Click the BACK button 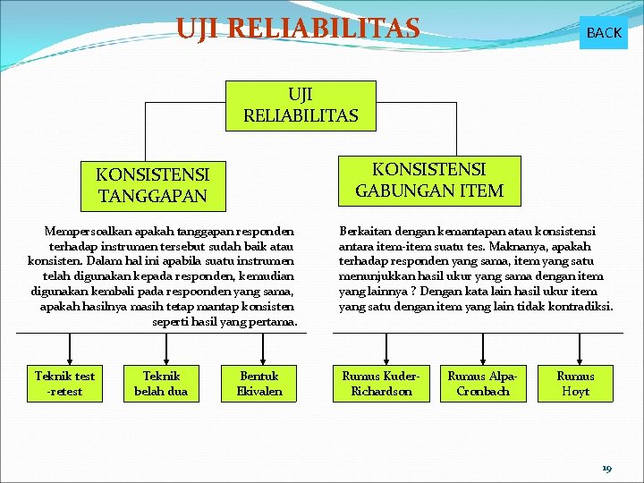point(604,32)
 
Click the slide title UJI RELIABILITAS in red point(298,29)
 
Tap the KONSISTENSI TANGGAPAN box point(152,184)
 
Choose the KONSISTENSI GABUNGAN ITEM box point(429,180)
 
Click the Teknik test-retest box point(64,383)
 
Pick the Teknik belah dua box point(161,383)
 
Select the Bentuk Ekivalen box point(259,383)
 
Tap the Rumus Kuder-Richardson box point(381,383)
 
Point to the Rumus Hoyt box point(575,383)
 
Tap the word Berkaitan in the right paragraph point(365,231)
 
